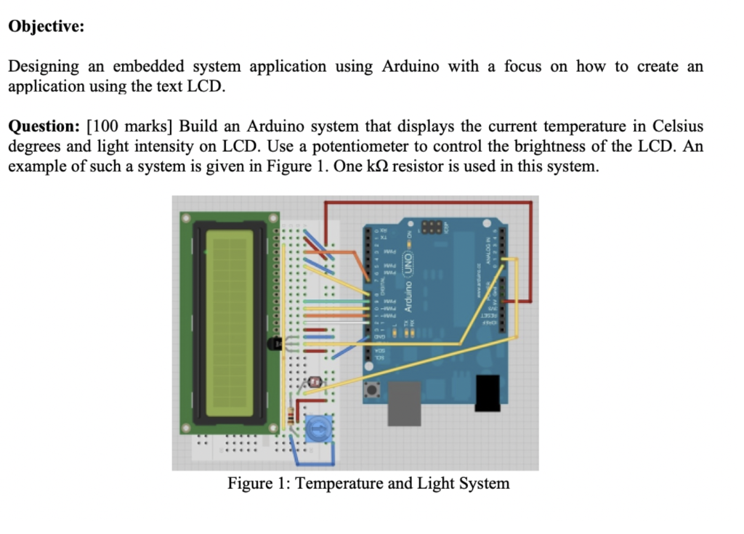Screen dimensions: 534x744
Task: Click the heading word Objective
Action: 46,27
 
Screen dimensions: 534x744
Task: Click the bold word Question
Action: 44,126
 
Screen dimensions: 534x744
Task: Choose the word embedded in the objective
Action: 152,67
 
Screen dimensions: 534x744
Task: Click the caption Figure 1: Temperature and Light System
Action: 368,483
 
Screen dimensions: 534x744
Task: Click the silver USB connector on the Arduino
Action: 408,404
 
